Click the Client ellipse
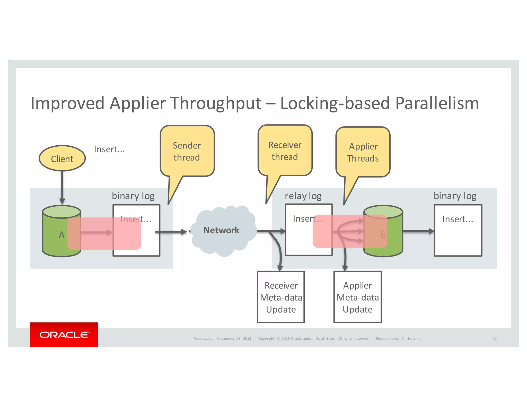pos(62,158)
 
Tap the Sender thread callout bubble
pos(187,151)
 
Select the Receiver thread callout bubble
pos(285,151)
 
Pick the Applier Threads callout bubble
pos(363,152)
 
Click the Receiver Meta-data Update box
pos(281,297)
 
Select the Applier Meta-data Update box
pos(357,297)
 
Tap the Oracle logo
pos(64,334)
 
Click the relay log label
pos(303,196)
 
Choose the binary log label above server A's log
pos(133,196)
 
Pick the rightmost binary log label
pos(455,196)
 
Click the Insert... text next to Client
pos(109,149)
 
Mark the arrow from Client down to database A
pos(62,188)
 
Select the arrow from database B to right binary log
pos(418,231)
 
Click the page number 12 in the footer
pos(495,339)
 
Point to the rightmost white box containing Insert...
pos(458,230)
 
